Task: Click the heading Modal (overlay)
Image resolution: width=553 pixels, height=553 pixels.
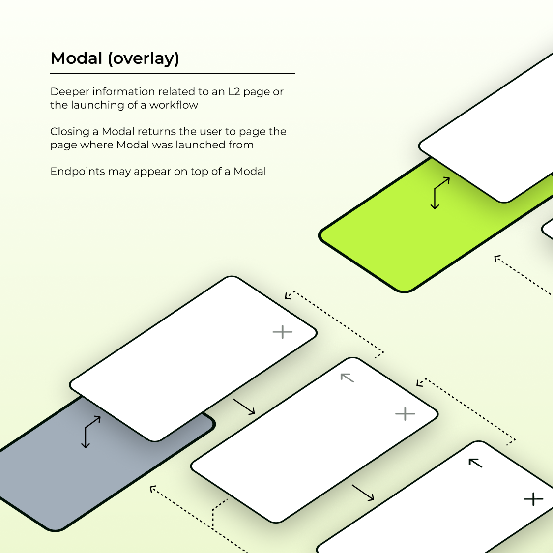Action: pos(115,58)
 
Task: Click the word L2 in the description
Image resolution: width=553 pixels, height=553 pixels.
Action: pos(234,92)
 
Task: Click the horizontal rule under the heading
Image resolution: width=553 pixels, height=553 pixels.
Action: pos(172,73)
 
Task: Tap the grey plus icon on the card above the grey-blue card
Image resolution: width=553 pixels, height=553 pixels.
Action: pos(283,332)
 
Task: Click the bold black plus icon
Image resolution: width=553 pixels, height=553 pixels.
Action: pos(533,499)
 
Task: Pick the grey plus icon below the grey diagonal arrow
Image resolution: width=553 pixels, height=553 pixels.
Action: pos(405,414)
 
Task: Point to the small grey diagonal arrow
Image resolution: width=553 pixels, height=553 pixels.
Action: pos(348,378)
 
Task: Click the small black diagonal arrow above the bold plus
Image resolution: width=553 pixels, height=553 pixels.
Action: pos(475,463)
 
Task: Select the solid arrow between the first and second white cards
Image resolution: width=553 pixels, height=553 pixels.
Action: pos(244,407)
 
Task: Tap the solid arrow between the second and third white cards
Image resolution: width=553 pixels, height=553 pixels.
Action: pos(363,493)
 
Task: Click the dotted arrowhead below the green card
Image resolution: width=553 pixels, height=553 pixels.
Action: pos(497,258)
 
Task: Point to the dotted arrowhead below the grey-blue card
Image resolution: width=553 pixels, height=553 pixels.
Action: pos(153,489)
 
